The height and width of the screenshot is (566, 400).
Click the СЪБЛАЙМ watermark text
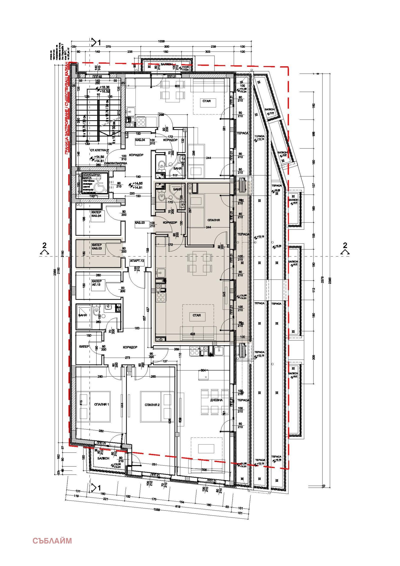[52, 541]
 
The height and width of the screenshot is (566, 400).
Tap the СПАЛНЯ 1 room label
[101, 404]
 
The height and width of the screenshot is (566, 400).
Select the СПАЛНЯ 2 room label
[152, 405]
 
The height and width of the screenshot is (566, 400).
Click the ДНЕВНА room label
[216, 400]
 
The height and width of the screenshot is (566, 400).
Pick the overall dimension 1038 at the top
[161, 41]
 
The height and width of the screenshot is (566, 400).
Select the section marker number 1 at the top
[99, 43]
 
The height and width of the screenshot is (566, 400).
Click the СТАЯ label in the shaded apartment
[196, 315]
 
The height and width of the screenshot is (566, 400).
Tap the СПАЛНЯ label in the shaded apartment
[213, 220]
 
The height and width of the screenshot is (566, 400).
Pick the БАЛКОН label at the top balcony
[167, 64]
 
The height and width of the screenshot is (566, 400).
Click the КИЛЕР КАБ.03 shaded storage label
[97, 247]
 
